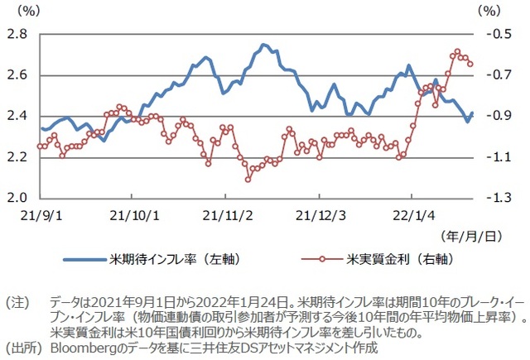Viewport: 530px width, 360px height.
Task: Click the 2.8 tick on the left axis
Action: click(17, 34)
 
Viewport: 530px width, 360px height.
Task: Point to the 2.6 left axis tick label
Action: click(17, 75)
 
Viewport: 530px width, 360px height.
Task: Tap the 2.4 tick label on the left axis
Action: click(17, 116)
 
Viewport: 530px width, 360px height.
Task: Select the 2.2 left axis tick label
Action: click(17, 157)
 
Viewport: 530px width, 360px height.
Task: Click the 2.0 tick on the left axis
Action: click(17, 199)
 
